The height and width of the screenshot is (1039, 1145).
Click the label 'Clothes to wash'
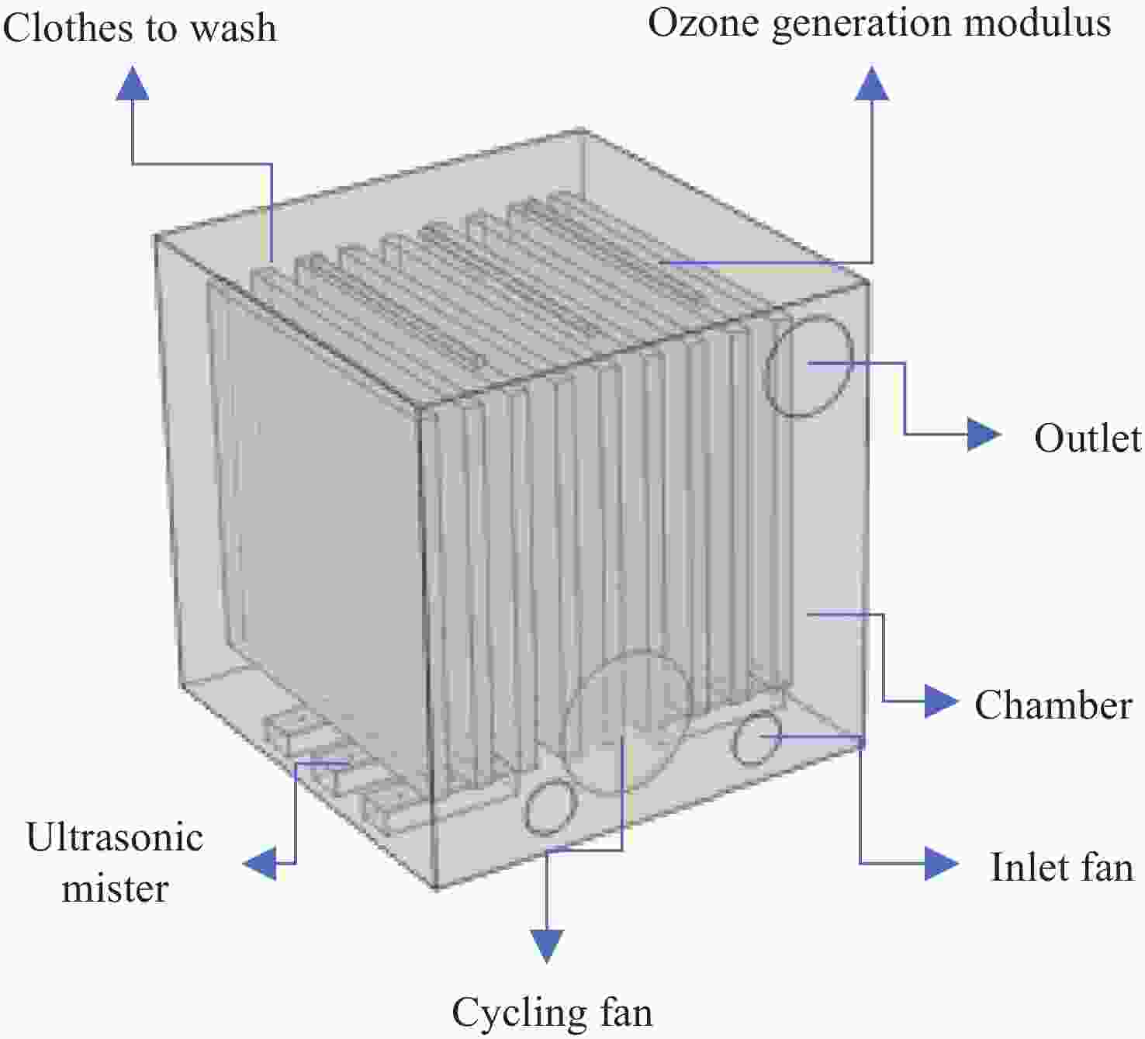tap(140, 28)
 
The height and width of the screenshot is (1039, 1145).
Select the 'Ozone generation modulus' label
tap(879, 23)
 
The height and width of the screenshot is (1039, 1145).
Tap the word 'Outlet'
tap(1088, 438)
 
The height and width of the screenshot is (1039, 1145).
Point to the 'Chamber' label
tap(1053, 705)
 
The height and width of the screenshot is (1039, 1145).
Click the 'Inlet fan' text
tap(1061, 867)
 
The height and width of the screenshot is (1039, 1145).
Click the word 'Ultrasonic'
tap(115, 837)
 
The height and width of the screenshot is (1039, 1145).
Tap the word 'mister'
tap(115, 888)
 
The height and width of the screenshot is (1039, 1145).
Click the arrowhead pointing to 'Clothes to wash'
tap(133, 83)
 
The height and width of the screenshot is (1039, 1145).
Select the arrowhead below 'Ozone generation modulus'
tap(873, 83)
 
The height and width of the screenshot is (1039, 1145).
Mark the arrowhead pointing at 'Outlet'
tap(984, 434)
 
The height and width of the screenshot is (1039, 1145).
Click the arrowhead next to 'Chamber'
tap(941, 701)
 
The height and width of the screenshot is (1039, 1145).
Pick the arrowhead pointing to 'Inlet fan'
tap(942, 863)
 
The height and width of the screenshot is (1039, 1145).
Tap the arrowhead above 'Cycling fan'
tap(548, 946)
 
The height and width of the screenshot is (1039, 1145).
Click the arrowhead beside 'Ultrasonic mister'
tap(261, 863)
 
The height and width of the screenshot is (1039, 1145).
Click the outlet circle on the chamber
tap(808, 365)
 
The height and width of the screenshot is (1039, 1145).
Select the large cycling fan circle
tap(628, 722)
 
